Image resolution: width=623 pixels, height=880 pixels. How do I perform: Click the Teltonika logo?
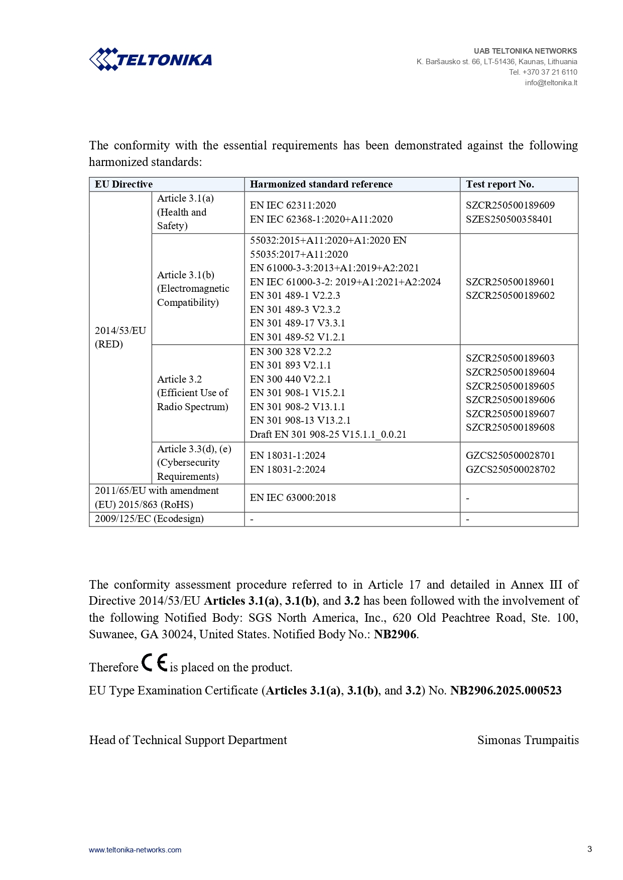tap(151, 60)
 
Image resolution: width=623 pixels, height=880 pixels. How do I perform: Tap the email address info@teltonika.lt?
tap(551, 83)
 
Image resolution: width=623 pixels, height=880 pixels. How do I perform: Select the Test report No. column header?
tap(500, 184)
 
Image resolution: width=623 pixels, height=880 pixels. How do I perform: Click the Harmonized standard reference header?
tap(321, 184)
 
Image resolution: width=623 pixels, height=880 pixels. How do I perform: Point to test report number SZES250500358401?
tap(509, 219)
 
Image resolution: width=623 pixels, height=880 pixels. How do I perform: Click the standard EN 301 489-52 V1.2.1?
tap(297, 337)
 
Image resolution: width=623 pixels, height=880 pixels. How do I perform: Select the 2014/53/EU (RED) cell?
tap(120, 337)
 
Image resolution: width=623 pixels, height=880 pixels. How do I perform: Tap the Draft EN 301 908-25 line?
tap(328, 434)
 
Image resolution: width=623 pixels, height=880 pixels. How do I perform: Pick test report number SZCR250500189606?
tap(510, 400)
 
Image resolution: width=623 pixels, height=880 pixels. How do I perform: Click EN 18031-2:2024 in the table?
tap(287, 469)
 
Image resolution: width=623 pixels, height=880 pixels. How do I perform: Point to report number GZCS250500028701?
tap(510, 455)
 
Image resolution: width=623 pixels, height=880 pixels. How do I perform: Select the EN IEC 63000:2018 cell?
tap(293, 497)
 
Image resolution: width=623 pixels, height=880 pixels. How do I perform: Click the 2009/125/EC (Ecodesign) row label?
tap(149, 518)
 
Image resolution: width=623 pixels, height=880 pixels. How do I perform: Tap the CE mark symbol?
tap(154, 663)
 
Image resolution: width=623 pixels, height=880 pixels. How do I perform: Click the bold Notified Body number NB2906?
tap(395, 634)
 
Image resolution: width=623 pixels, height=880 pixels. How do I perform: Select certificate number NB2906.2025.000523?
tap(506, 690)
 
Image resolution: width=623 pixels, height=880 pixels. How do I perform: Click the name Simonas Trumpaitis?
tap(528, 740)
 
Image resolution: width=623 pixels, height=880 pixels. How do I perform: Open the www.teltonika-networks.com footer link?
tap(135, 850)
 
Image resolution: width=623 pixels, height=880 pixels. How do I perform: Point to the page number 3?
tap(589, 849)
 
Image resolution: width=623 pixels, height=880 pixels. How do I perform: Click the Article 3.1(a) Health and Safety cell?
tap(185, 212)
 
